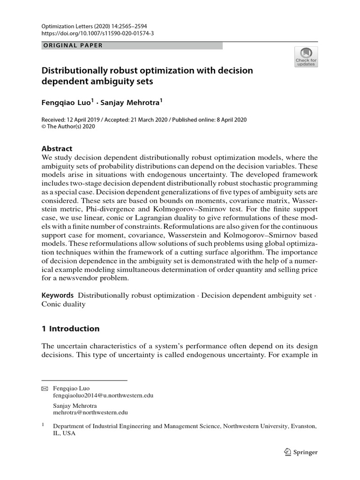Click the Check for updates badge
coord(306,57)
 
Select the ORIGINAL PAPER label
coord(72,45)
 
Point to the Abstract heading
coord(57,149)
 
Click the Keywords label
coord(58,295)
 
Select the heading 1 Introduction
coord(71,329)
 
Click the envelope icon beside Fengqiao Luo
coord(45,389)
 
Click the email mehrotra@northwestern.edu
coord(90,412)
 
